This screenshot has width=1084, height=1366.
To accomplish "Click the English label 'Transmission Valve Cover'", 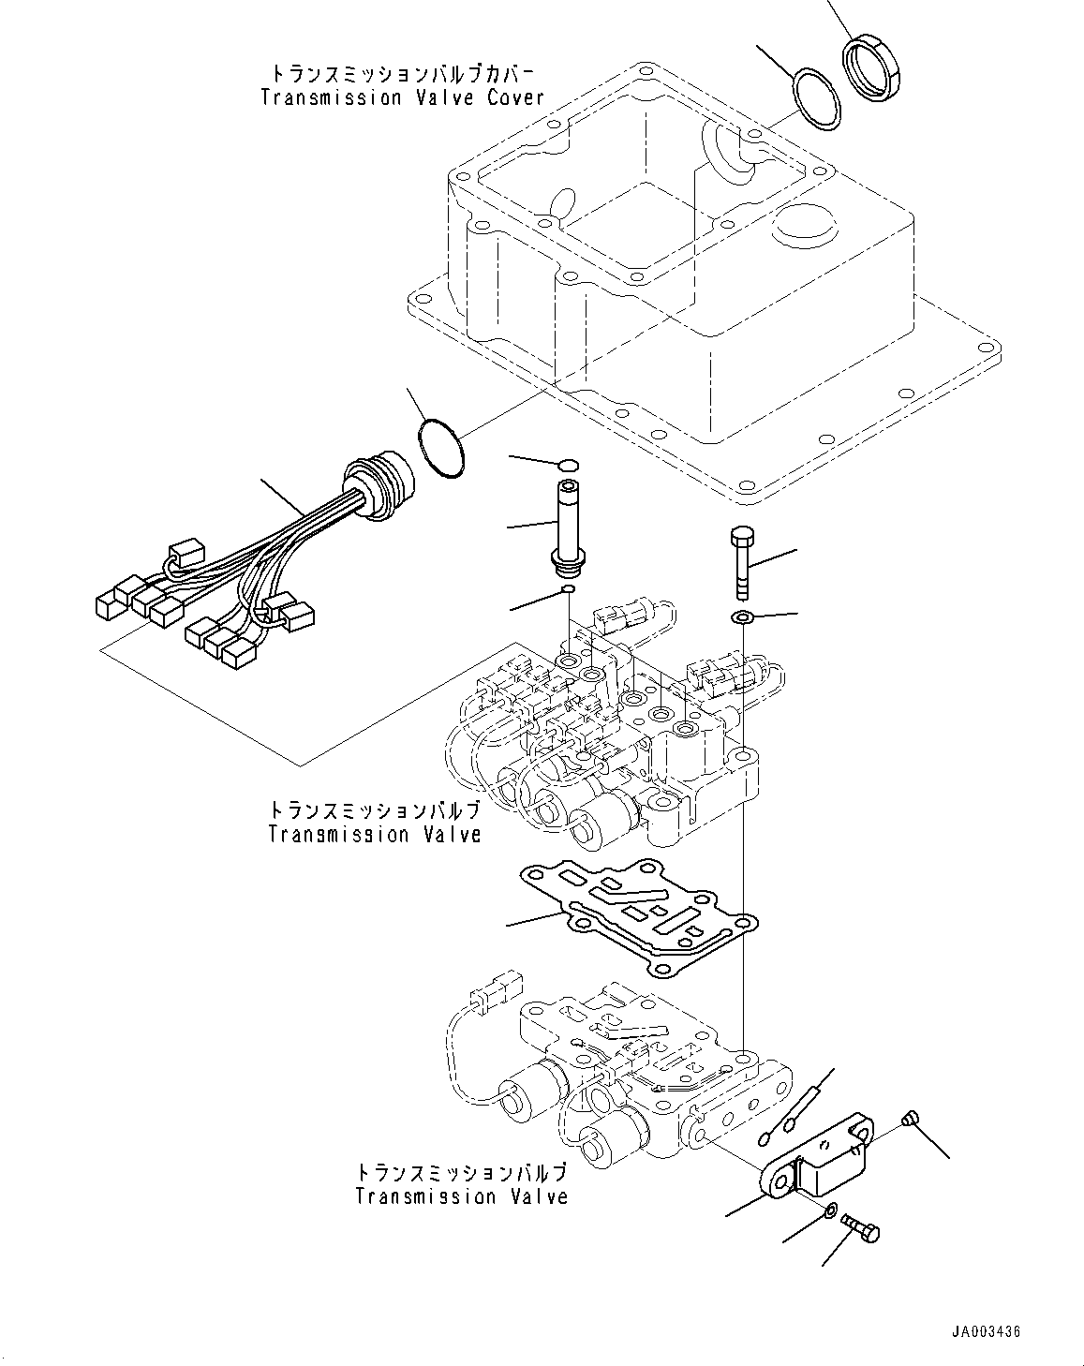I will click(402, 97).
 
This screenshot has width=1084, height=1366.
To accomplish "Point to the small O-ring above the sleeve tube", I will click(567, 465).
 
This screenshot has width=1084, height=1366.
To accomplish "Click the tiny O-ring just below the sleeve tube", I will click(567, 590).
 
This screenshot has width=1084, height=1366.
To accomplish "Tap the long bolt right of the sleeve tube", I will click(739, 562).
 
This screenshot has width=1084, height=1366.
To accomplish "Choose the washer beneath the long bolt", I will click(742, 617).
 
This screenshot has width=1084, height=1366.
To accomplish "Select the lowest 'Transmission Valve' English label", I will click(462, 1196).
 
